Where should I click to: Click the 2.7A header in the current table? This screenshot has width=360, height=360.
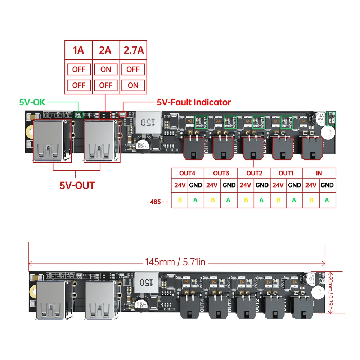(133, 50)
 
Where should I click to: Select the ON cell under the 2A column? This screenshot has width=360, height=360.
(105, 69)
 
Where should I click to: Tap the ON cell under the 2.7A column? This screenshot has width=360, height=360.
(133, 85)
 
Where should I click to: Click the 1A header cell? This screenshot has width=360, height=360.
(78, 50)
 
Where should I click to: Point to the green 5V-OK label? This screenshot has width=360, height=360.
(32, 102)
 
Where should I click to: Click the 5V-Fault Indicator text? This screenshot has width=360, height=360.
(194, 102)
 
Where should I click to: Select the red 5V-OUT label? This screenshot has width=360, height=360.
(77, 185)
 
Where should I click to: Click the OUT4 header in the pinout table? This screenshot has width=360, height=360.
(187, 173)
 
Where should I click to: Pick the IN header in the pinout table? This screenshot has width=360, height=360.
(319, 173)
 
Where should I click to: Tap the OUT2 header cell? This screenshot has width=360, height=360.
(254, 173)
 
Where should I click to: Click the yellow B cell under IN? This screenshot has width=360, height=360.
(311, 200)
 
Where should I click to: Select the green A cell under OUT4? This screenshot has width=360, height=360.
(195, 200)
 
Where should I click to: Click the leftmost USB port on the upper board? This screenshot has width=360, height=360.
(49, 141)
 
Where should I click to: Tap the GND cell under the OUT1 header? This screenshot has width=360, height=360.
(294, 185)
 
